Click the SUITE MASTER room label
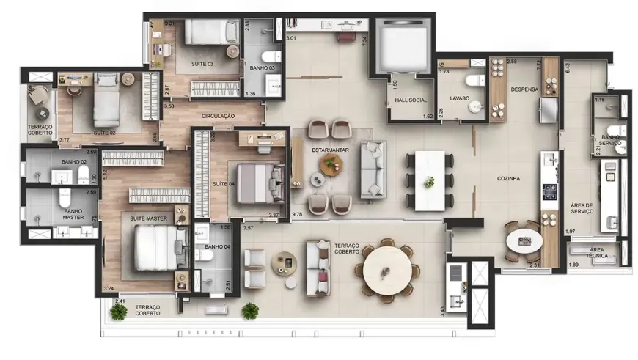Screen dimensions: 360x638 (x=148, y=218)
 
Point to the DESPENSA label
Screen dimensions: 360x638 (x=524, y=89)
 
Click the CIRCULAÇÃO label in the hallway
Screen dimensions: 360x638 (x=218, y=116)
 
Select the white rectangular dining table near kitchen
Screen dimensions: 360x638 (x=430, y=180)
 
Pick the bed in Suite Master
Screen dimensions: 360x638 (x=156, y=247)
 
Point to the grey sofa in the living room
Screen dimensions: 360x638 (x=372, y=170)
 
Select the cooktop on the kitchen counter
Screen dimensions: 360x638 (x=549, y=192)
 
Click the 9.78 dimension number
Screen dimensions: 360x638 (x=297, y=214)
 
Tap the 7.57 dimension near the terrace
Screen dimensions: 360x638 (x=249, y=228)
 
